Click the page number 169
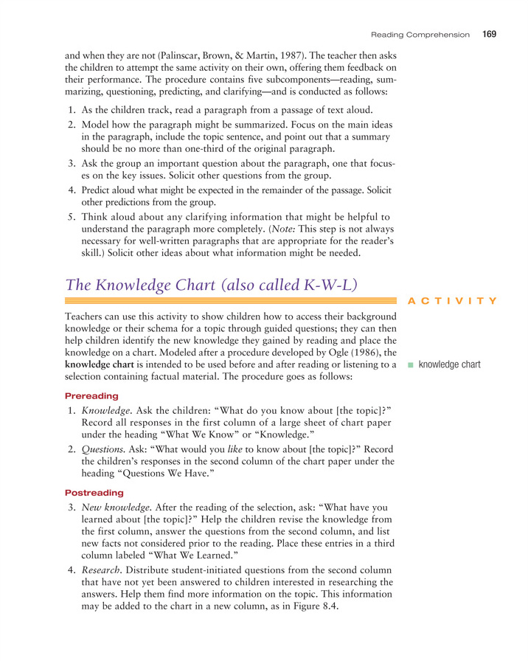[490, 34]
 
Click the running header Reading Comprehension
[420, 35]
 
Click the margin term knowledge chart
[449, 364]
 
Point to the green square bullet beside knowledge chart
[411, 364]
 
